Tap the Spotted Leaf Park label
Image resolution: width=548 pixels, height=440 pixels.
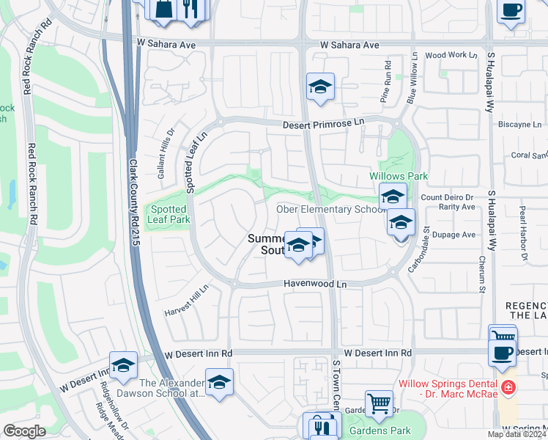click(x=169, y=214)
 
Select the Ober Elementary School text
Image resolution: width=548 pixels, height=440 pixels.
click(x=330, y=210)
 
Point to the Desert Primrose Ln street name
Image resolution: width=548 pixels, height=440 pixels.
click(x=323, y=125)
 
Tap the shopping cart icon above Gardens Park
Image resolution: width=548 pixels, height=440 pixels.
click(x=379, y=403)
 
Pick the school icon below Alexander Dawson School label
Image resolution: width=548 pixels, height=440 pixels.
click(x=219, y=383)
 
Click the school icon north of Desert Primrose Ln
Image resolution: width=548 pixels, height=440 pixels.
click(x=320, y=87)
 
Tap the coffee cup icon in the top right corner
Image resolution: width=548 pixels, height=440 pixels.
click(x=511, y=10)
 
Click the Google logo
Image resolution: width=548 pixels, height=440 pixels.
click(x=24, y=431)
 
